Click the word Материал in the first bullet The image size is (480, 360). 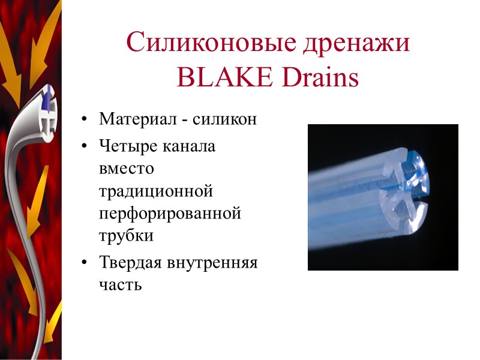click(x=137, y=119)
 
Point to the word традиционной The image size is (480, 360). click(x=157, y=191)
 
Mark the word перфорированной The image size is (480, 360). click(x=170, y=213)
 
